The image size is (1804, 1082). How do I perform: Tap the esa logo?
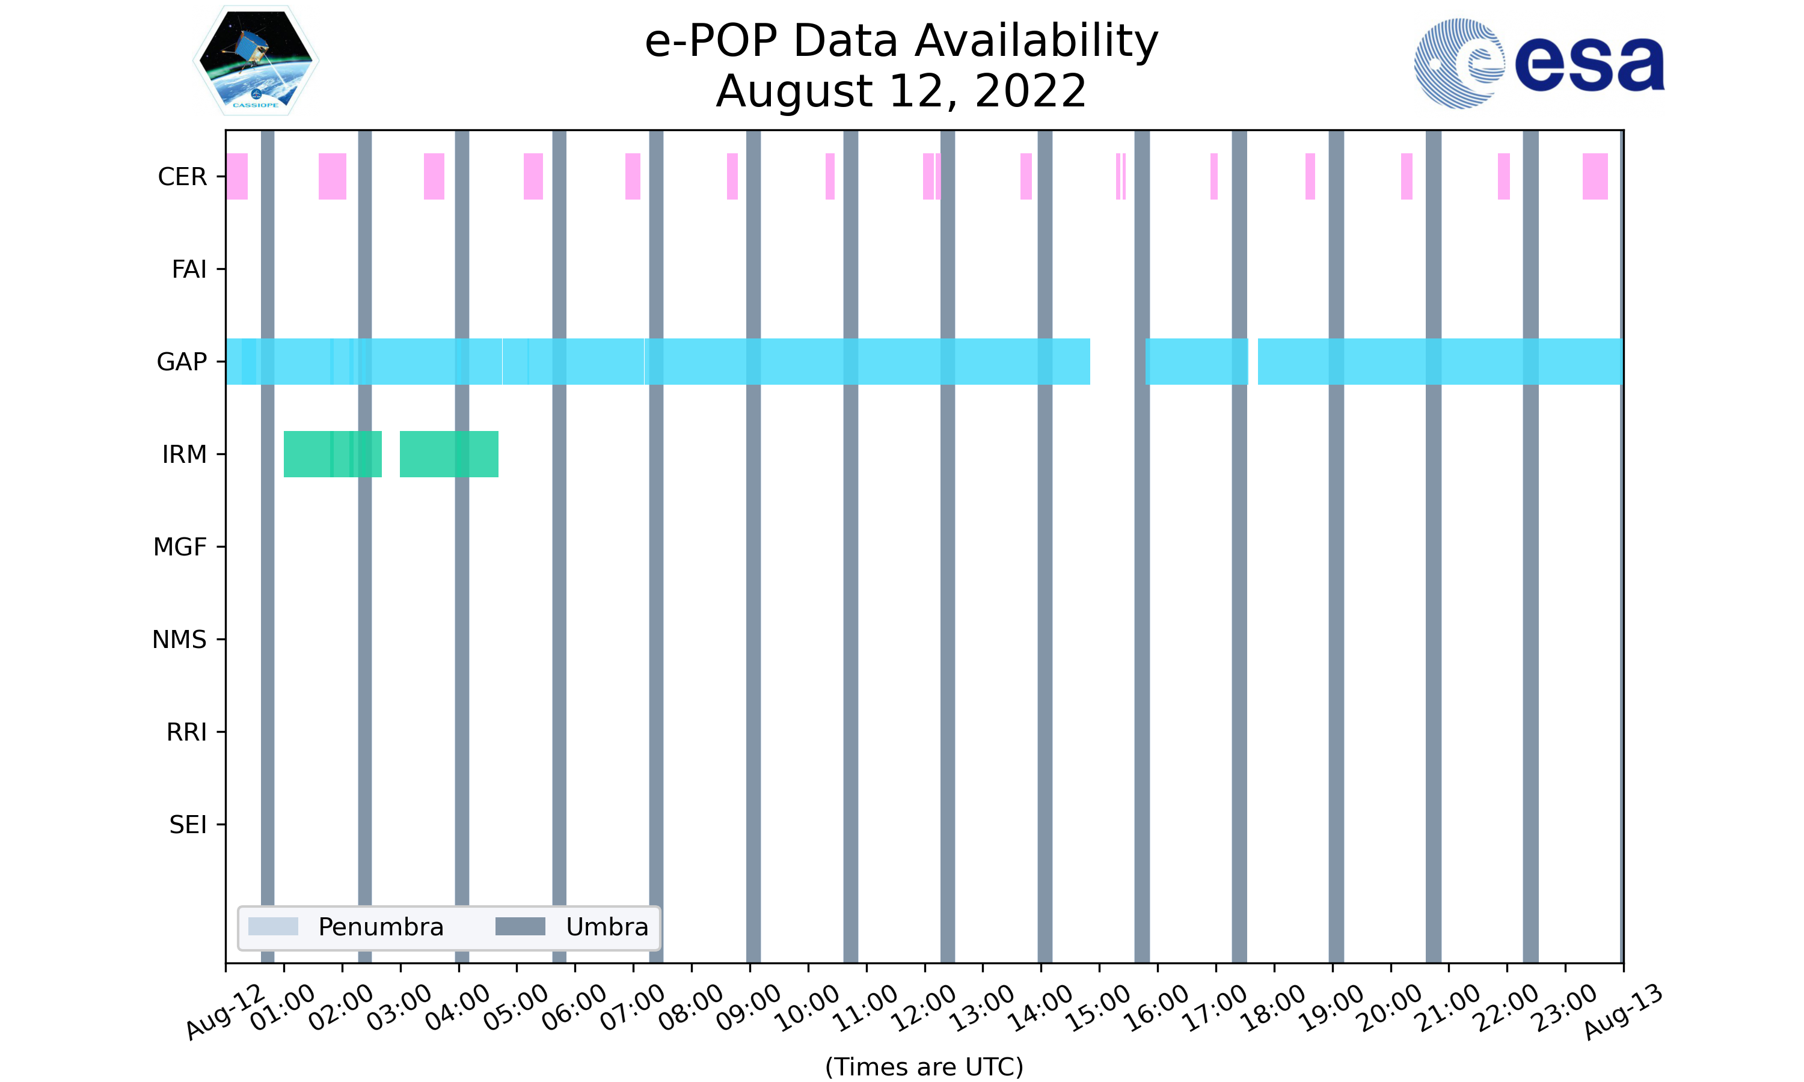pos(1539,64)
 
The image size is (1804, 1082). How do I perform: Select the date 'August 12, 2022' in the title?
pos(901,91)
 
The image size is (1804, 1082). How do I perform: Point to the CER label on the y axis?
pos(182,177)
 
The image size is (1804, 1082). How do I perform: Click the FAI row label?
pos(189,269)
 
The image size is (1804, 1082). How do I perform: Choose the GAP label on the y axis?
pos(182,362)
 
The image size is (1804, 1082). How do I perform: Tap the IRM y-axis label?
pos(184,454)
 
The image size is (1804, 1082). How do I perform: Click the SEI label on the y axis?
pos(188,825)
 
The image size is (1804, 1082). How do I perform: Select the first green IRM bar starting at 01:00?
pos(333,454)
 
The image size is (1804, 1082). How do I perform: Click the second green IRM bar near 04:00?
pos(449,454)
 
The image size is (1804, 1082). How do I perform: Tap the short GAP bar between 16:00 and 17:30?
pos(1197,362)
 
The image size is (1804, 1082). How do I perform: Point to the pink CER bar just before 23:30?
pos(1595,177)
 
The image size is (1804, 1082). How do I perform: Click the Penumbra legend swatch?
pos(273,927)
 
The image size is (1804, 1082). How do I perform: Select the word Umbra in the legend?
pos(607,927)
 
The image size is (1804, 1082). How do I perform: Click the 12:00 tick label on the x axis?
pos(925,1007)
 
